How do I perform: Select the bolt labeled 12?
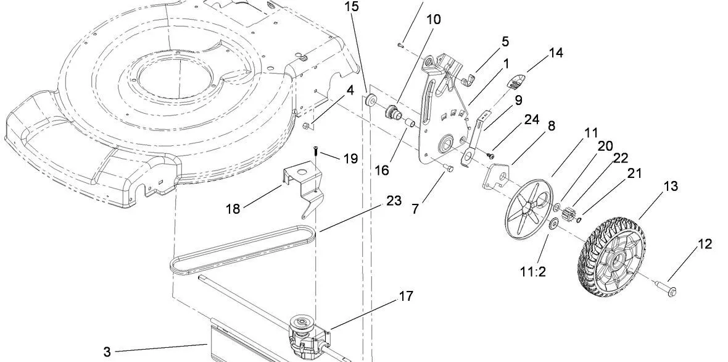tap(665, 287)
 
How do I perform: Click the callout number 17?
tap(405, 296)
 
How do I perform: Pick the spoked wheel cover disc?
tap(528, 208)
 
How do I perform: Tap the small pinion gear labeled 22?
tap(570, 216)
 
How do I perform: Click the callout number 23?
tap(394, 201)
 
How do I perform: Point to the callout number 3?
tap(107, 352)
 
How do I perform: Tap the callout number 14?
tap(555, 53)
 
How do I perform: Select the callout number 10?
tap(434, 19)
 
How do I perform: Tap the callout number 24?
tap(531, 119)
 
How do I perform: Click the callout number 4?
tap(350, 90)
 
